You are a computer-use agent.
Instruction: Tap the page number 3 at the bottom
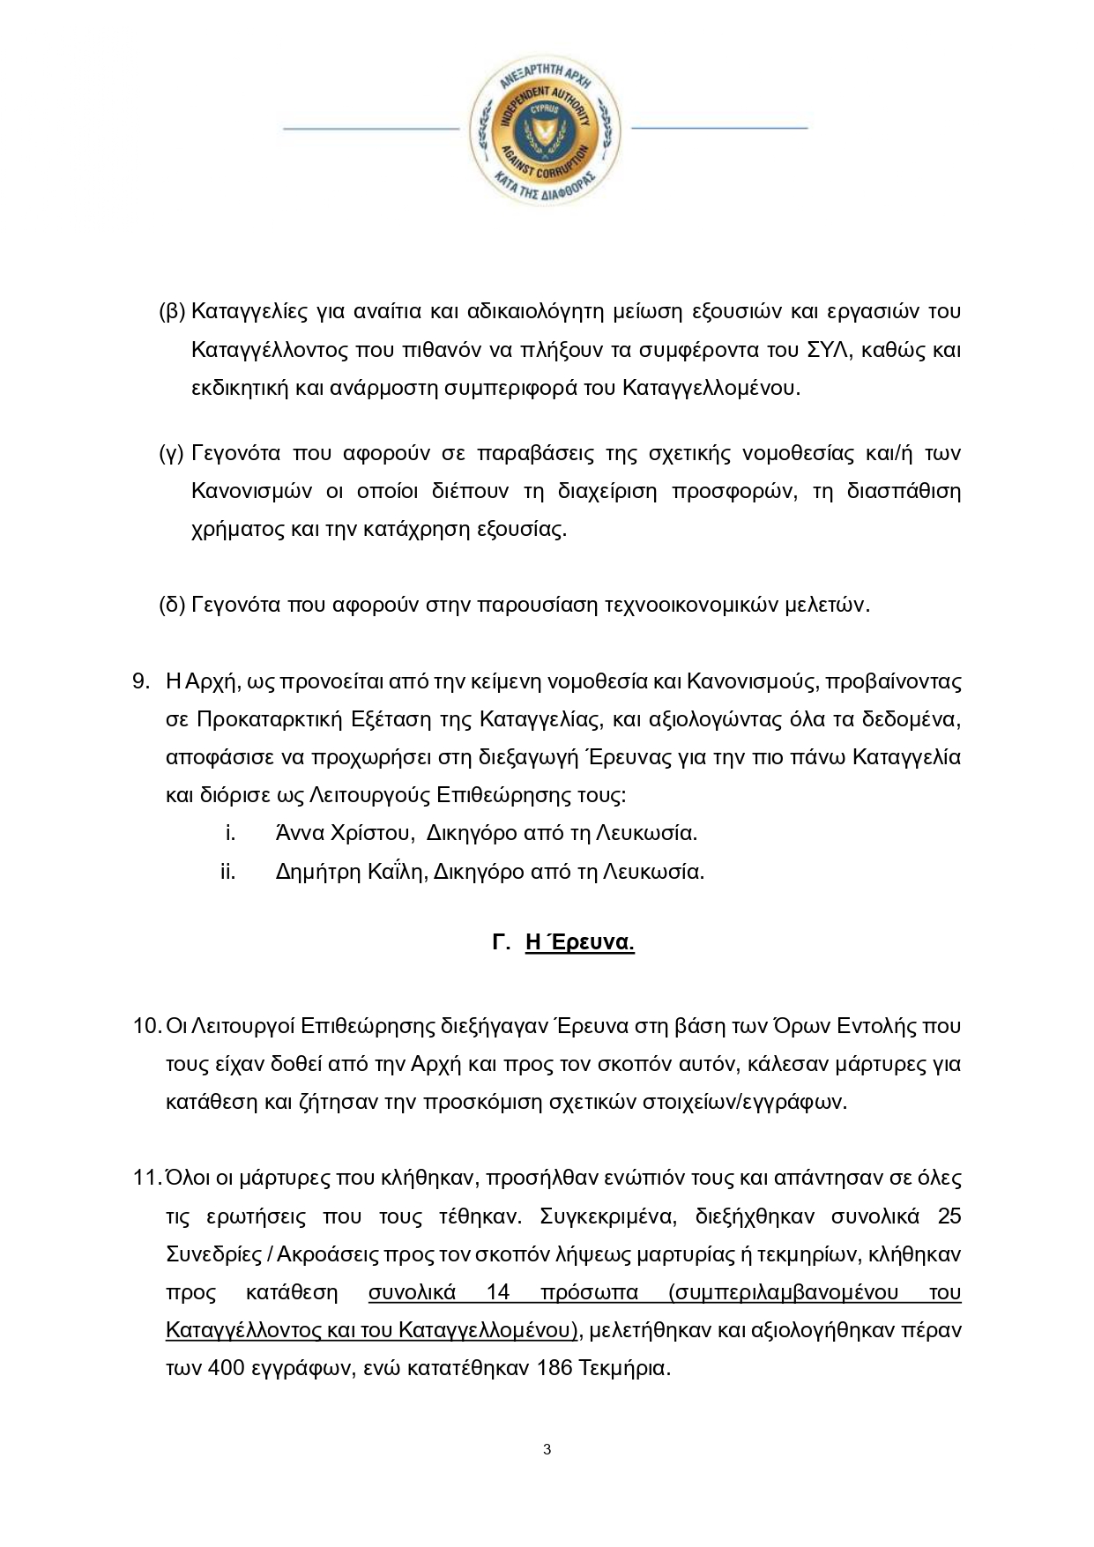547,1449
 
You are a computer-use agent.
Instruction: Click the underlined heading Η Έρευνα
579,942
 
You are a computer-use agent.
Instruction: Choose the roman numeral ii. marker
228,872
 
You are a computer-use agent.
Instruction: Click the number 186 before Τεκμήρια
554,1368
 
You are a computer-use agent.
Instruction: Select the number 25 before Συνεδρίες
949,1216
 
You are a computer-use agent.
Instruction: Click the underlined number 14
498,1292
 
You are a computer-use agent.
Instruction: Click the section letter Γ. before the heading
502,942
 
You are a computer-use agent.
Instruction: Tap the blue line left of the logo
370,129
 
